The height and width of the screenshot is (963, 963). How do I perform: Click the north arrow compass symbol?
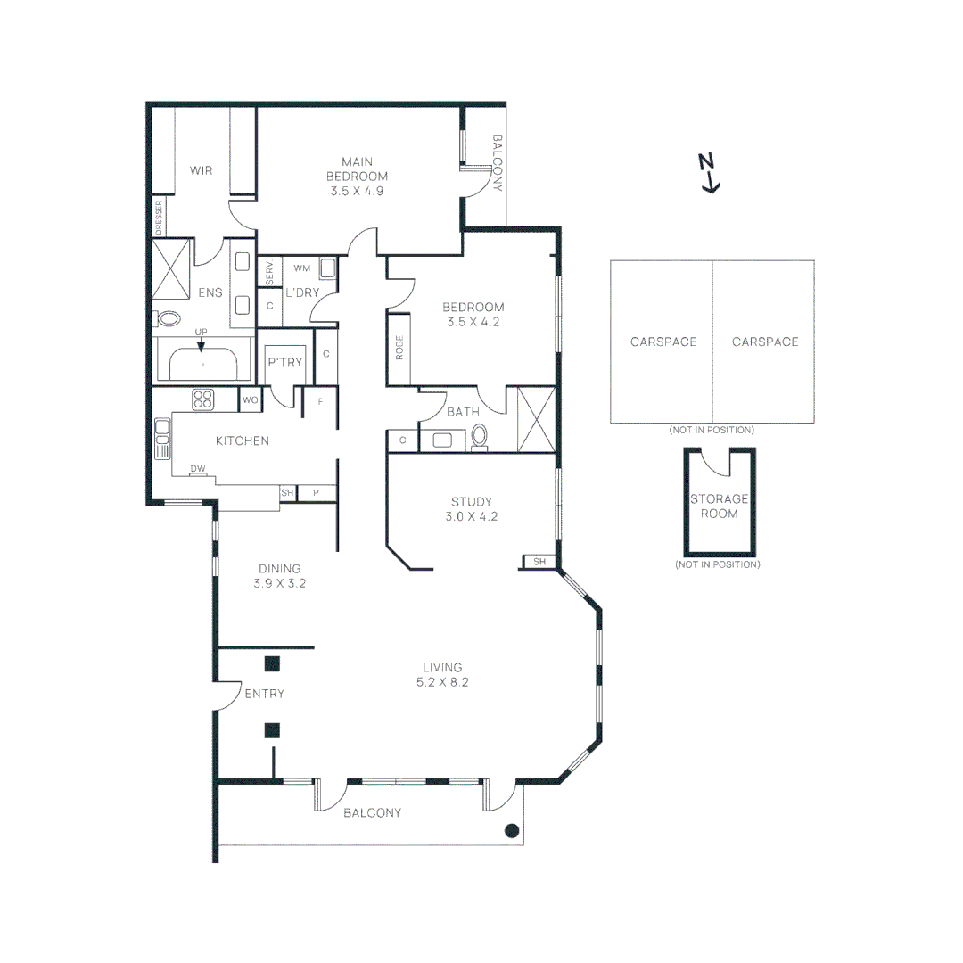coord(708,173)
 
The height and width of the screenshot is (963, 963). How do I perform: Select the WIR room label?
coord(202,169)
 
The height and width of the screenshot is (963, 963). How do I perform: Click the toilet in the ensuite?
coord(168,319)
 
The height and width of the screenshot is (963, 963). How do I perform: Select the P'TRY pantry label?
coord(285,362)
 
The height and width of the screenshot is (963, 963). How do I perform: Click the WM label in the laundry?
coord(301,267)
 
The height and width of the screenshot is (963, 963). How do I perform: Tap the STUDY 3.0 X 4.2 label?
coord(471,508)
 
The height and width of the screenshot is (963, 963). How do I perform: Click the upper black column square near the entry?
coord(272,663)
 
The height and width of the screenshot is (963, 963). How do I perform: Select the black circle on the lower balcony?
coord(511,831)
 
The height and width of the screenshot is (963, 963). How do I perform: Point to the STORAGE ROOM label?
coord(719,506)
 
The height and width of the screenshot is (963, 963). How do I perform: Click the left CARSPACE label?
coord(663,342)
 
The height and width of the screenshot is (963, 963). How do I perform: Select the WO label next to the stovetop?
coord(251,400)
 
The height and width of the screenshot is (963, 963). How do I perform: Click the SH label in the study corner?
coord(539,562)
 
